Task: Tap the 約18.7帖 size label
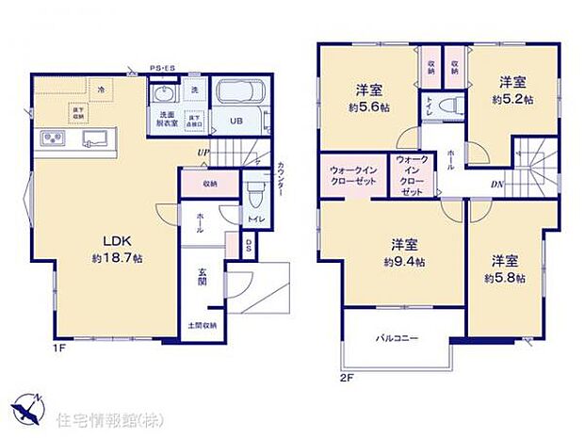click(x=117, y=257)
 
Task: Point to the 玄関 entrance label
click(x=203, y=279)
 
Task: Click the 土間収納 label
click(x=203, y=325)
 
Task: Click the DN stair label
click(x=495, y=184)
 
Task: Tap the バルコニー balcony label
click(x=397, y=337)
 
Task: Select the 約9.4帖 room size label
click(x=404, y=261)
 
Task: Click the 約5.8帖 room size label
click(x=505, y=278)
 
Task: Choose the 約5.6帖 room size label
click(x=368, y=107)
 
